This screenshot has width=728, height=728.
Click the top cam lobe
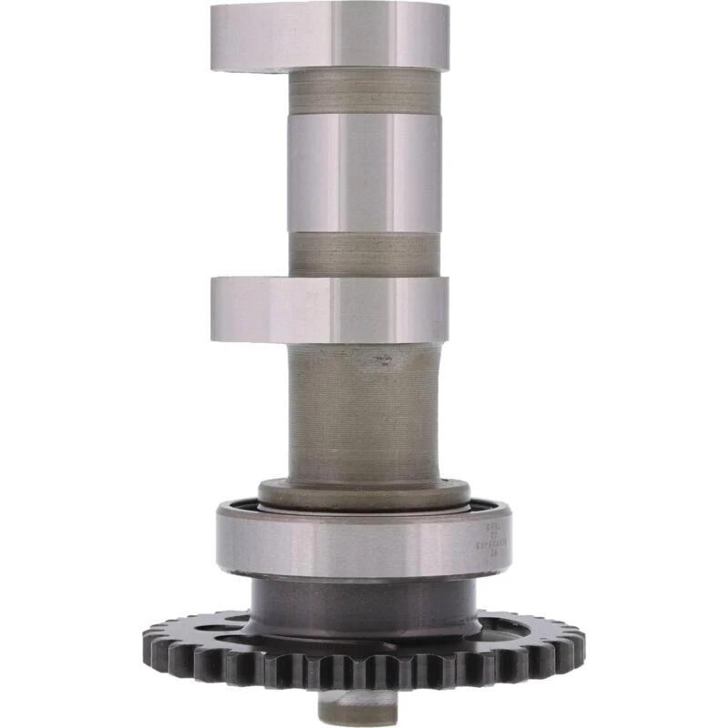[x=329, y=36]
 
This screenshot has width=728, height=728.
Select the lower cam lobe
[x=329, y=309]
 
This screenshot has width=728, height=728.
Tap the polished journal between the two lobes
[x=364, y=173]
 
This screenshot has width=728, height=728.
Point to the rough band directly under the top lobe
[x=364, y=92]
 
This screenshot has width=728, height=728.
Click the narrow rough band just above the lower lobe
[x=364, y=255]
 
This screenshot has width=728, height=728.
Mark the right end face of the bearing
[x=506, y=541]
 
